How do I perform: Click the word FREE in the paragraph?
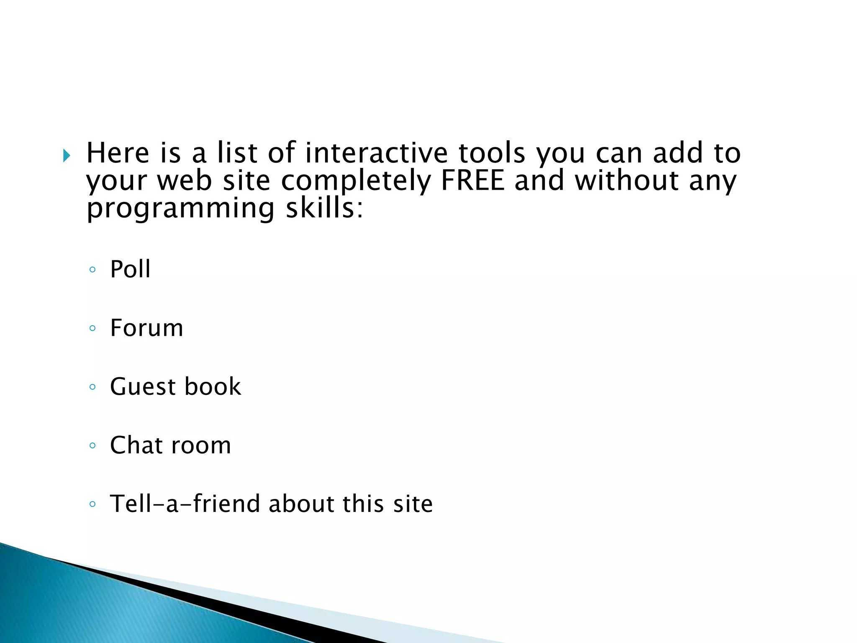(472, 180)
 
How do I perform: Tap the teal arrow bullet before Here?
(67, 156)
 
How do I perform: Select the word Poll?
(130, 269)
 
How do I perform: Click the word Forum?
(146, 327)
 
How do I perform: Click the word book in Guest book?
(213, 386)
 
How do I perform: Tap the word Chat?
(135, 445)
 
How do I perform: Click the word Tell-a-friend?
(185, 503)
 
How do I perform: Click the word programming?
(180, 209)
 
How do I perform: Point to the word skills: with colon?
(324, 208)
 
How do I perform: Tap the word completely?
(356, 181)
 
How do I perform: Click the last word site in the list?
(413, 503)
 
